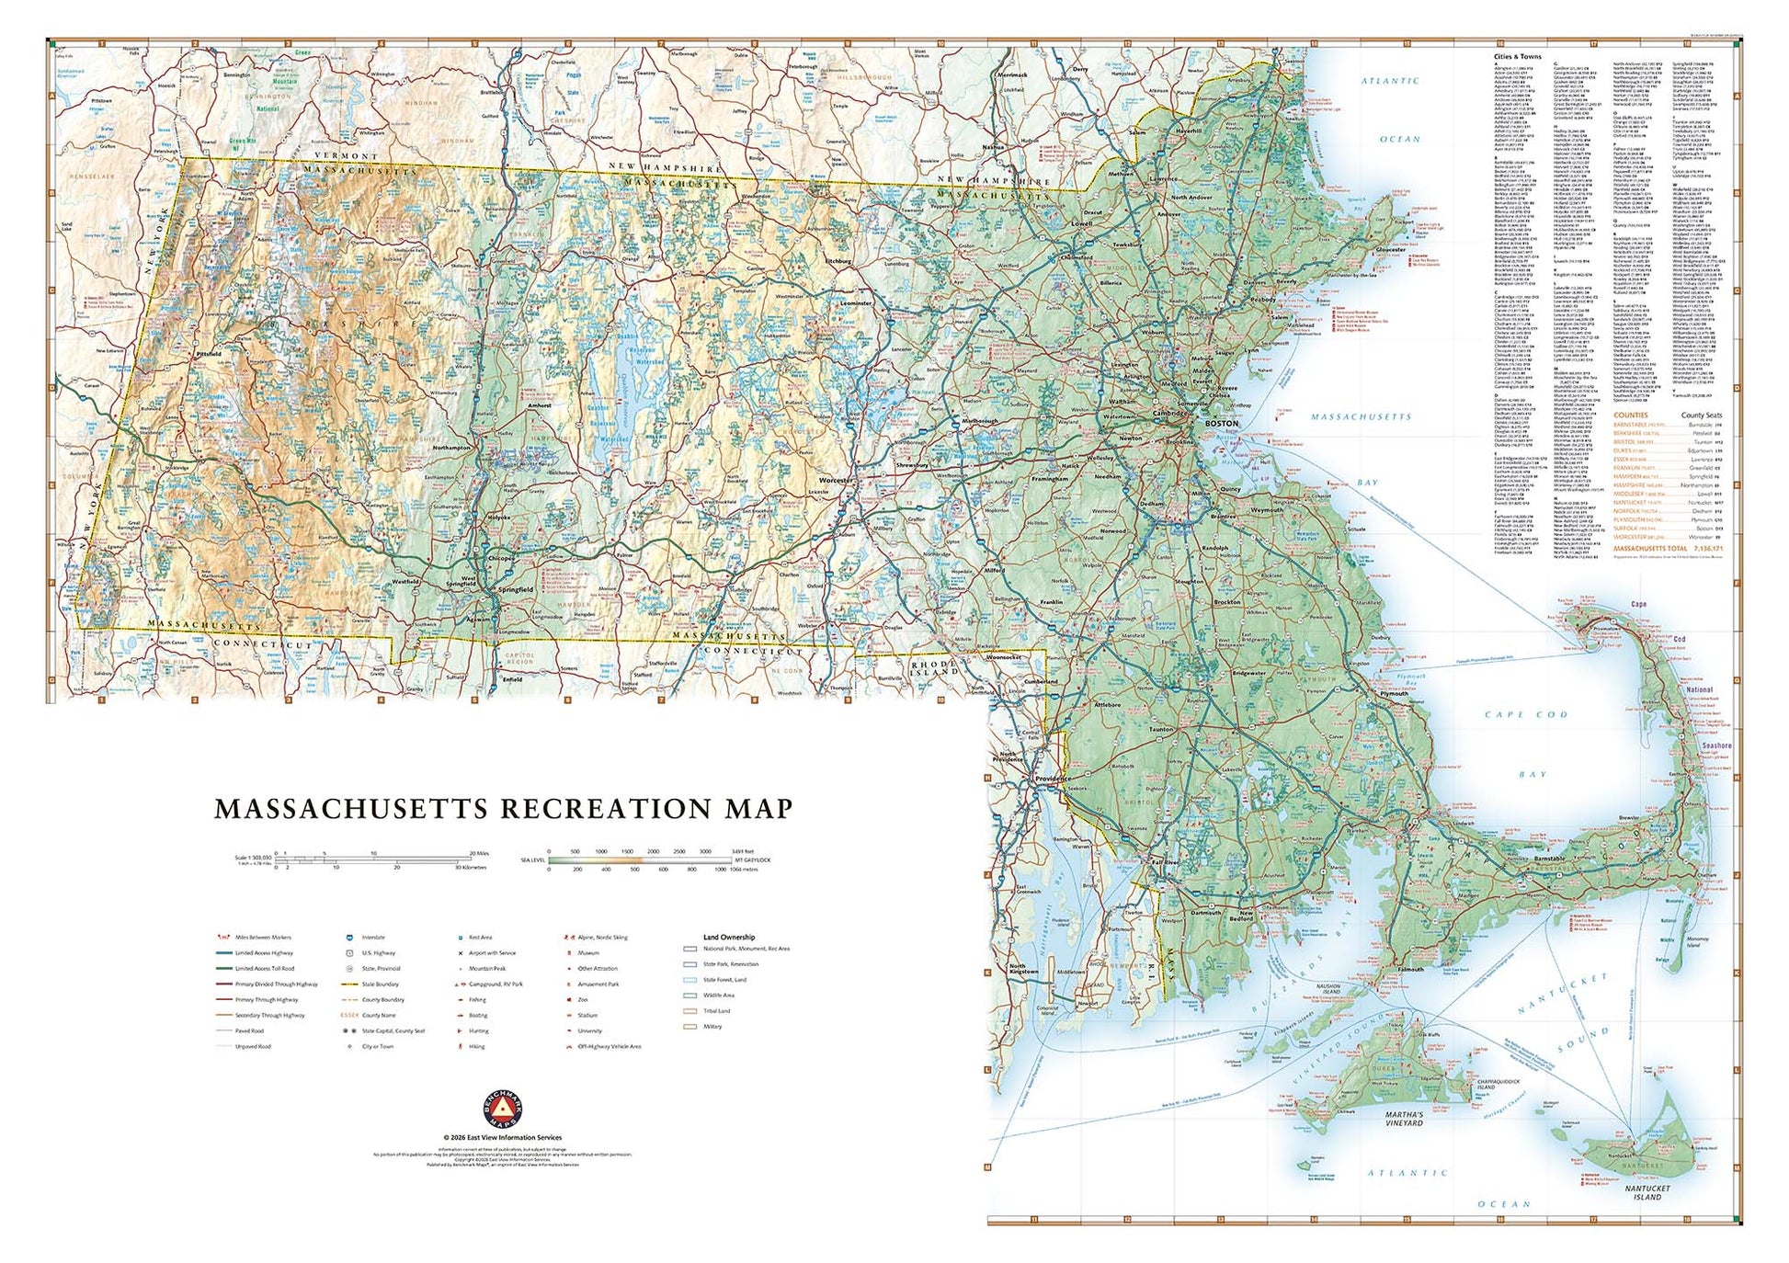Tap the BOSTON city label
1221,423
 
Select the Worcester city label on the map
836,480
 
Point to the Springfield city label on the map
515,589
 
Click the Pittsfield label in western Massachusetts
209,354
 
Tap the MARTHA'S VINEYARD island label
1404,1119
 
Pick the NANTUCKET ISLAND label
1647,1193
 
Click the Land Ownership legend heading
729,938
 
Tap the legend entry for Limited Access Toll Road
265,969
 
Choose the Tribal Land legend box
690,1011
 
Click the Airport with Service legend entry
492,953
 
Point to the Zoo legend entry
583,1000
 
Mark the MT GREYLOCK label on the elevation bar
751,860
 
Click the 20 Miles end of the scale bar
479,853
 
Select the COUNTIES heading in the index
1631,415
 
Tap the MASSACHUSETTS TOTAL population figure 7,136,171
1704,549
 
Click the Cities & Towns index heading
1517,57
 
